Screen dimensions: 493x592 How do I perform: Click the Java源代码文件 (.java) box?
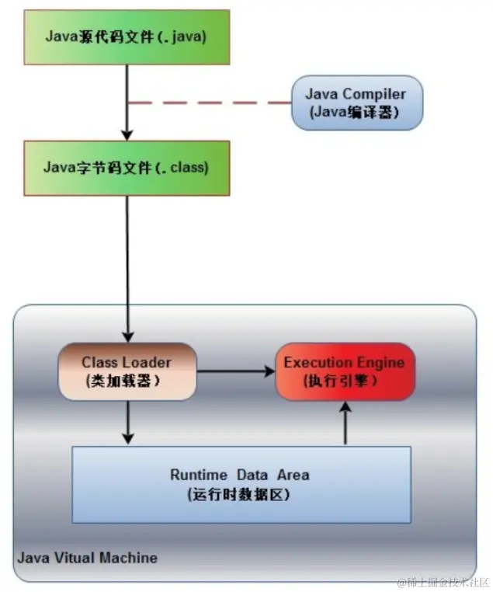click(127, 37)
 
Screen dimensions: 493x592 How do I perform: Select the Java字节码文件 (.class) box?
click(127, 168)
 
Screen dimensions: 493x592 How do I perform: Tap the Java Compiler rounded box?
click(357, 103)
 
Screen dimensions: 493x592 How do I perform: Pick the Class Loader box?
click(127, 371)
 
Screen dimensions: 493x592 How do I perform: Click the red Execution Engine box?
click(345, 371)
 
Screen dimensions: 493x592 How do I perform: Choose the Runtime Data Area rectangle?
click(241, 485)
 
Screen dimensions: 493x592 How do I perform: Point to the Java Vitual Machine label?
click(87, 558)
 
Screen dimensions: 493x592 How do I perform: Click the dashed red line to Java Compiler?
click(210, 103)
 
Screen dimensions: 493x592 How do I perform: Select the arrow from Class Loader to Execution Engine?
click(236, 371)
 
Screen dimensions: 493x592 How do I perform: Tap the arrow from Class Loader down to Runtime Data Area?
click(128, 423)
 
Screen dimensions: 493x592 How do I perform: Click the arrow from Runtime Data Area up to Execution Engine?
click(345, 423)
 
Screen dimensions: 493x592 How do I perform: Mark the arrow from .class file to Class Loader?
click(127, 269)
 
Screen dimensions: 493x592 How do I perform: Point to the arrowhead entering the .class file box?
click(127, 135)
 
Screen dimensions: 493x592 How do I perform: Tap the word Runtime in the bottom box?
click(199, 475)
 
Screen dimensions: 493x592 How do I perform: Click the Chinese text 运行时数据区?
click(239, 494)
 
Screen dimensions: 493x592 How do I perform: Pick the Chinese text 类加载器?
click(123, 381)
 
